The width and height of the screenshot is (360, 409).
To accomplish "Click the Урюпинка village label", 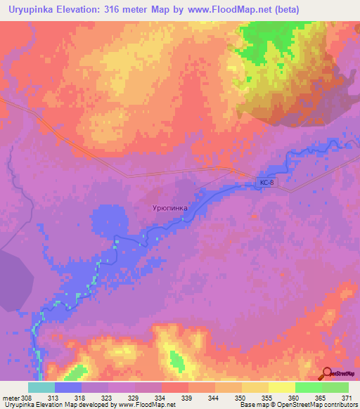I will tap(170, 209).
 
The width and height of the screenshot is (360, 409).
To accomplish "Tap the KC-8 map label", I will tap(264, 183).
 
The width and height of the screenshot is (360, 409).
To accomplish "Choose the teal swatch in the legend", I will tap(41, 387).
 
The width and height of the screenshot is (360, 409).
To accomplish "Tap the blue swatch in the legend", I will tap(68, 387).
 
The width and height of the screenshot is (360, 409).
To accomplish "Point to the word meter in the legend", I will tap(10, 397).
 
